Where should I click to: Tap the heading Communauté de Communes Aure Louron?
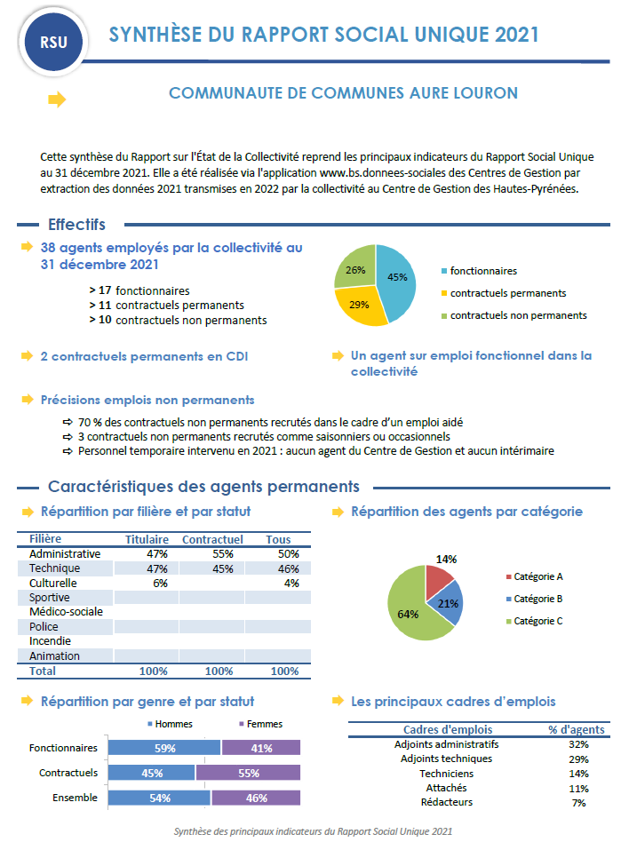(343, 93)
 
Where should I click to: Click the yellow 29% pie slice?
(357, 305)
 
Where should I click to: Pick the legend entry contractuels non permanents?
(518, 315)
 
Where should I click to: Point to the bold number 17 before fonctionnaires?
(105, 290)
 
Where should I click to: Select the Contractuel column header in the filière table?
(212, 539)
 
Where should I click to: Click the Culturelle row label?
(53, 584)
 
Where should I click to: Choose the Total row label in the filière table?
(43, 671)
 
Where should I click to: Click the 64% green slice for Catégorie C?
(410, 613)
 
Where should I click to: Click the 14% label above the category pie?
(446, 560)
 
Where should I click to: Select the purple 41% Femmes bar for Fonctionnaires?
(261, 748)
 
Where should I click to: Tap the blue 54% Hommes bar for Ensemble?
(159, 798)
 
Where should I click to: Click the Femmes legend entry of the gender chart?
(265, 724)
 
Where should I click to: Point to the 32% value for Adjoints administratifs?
(579, 744)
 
